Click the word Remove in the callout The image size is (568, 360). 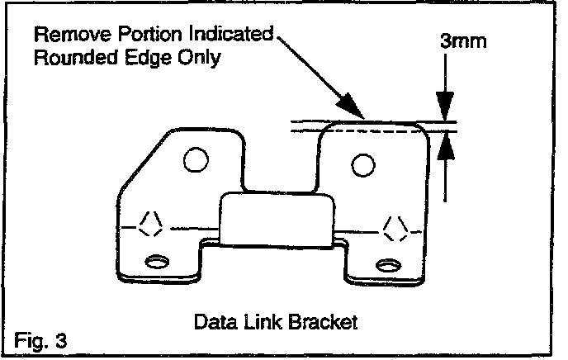coord(67,36)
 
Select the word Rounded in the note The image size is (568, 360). coord(72,59)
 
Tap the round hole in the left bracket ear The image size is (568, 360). coord(196,159)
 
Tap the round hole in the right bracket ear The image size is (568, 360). coord(362,165)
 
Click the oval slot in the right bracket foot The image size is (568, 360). coord(386,265)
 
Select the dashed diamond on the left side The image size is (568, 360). coord(150,224)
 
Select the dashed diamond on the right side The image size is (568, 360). coord(394,225)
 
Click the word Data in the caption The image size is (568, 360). coord(211,320)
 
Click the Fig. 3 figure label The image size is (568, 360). coord(40,339)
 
